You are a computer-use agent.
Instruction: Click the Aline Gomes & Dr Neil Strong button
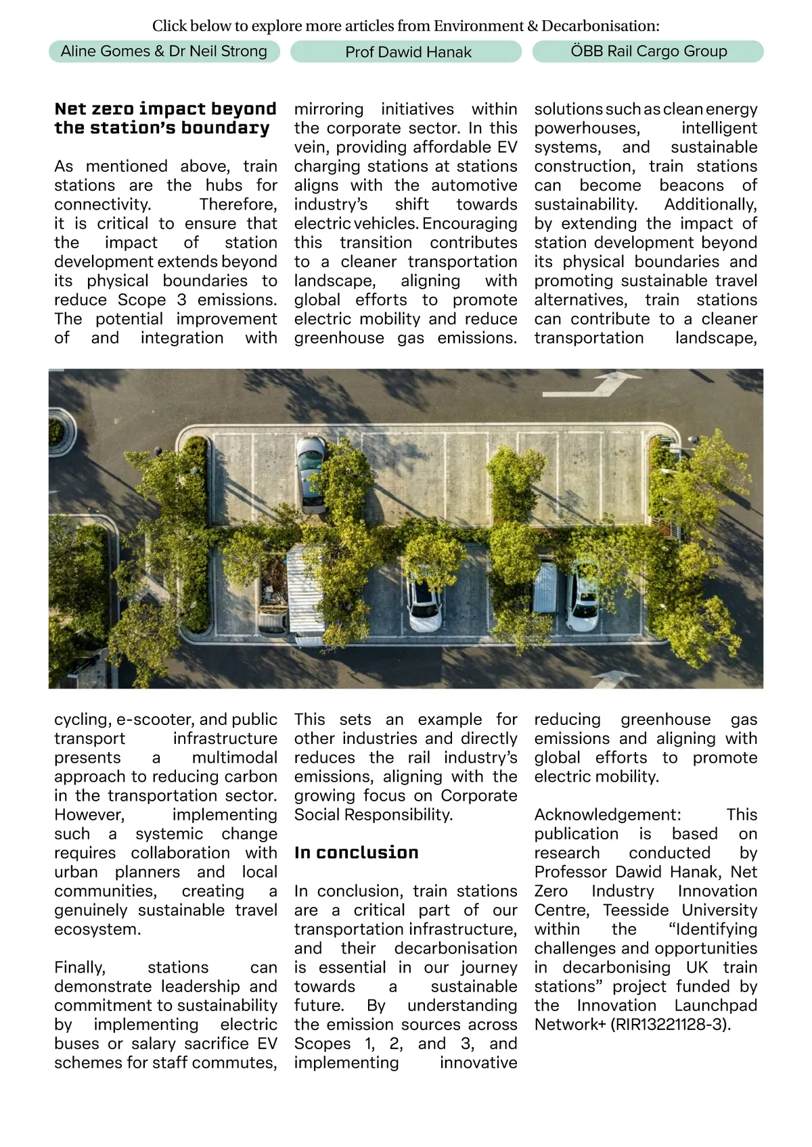164,51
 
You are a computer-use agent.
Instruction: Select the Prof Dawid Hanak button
408,52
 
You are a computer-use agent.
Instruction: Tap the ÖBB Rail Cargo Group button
648,51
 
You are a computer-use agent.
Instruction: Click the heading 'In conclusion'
356,852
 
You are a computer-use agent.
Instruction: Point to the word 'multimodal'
234,757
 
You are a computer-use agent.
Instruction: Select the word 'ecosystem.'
97,929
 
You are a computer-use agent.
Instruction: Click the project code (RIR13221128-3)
671,1024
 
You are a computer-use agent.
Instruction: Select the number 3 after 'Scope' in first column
181,300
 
